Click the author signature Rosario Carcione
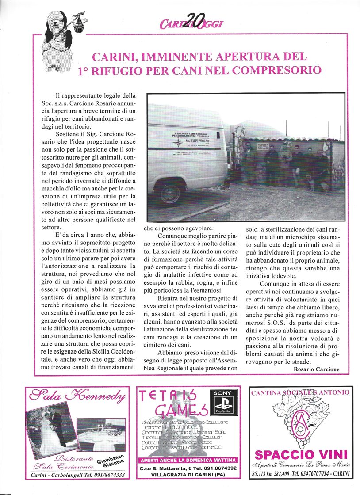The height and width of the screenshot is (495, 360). (317, 369)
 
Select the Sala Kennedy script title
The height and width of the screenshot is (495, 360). (77, 397)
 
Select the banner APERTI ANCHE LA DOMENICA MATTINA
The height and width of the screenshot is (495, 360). (188, 460)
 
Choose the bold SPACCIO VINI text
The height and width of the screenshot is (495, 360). (301, 454)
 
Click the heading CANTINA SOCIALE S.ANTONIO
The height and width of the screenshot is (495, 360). (300, 392)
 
